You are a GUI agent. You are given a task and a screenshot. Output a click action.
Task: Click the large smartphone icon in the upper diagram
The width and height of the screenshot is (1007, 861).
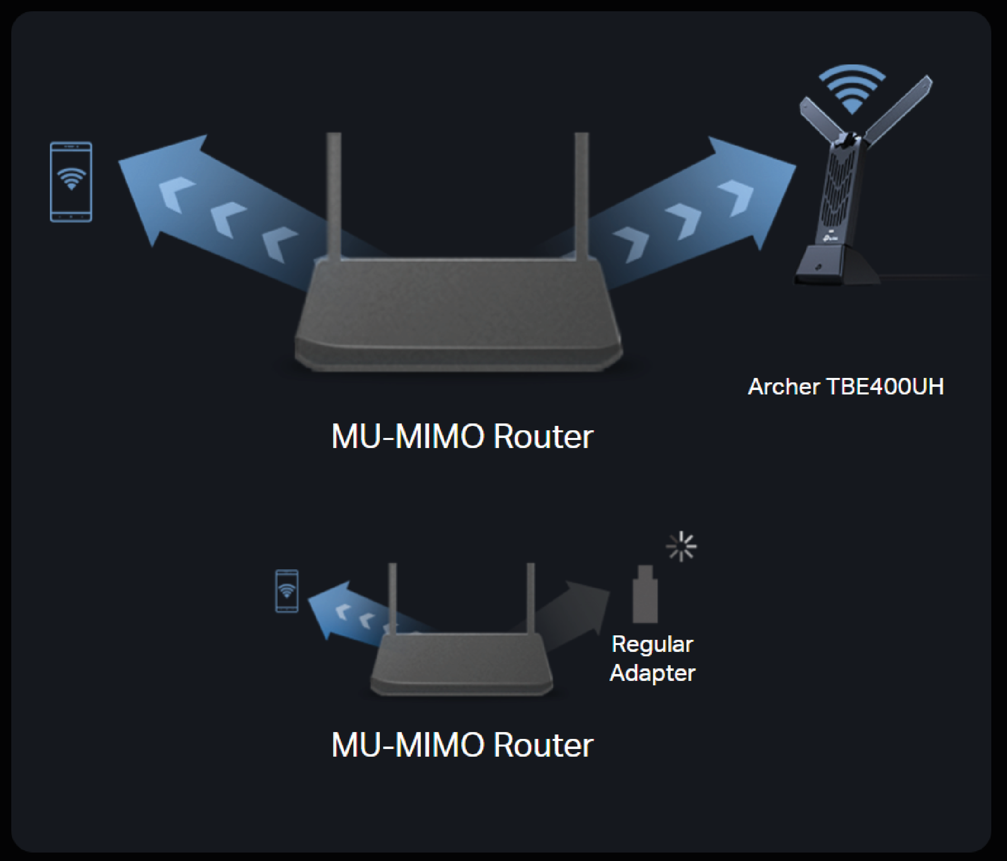pyautogui.click(x=71, y=182)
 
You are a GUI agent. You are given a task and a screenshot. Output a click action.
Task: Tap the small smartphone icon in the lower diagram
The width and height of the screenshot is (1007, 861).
pyautogui.click(x=287, y=591)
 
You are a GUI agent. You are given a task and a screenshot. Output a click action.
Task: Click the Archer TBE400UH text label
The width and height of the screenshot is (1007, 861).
pyautogui.click(x=845, y=387)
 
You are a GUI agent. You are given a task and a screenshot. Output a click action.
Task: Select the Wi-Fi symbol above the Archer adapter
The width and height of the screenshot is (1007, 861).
pyautogui.click(x=852, y=90)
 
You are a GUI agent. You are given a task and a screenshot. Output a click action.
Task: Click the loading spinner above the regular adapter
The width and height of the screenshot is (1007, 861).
pyautogui.click(x=682, y=546)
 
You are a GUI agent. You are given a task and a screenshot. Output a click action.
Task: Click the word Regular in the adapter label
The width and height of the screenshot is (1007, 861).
pyautogui.click(x=652, y=645)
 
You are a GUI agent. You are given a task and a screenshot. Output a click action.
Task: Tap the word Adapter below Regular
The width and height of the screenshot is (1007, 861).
pyautogui.click(x=652, y=673)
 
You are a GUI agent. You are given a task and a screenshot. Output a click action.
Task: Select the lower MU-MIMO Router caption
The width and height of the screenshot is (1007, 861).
pyautogui.click(x=462, y=745)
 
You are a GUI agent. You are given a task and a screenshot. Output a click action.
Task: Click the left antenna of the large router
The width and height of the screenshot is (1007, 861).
pyautogui.click(x=334, y=195)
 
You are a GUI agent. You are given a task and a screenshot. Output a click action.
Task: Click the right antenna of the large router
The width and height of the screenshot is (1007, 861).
pyautogui.click(x=581, y=195)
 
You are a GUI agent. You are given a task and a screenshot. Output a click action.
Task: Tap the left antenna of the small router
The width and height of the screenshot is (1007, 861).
pyautogui.click(x=393, y=598)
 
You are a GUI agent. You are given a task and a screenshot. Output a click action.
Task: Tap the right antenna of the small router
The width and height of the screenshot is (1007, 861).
pyautogui.click(x=531, y=598)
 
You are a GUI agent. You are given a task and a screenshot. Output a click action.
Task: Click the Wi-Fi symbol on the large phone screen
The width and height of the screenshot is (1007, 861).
pyautogui.click(x=71, y=178)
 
